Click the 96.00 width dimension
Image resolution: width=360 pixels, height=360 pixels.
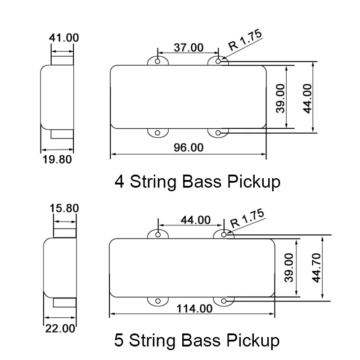pos(188,148)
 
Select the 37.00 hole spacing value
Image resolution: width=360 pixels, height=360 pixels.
pos(188,47)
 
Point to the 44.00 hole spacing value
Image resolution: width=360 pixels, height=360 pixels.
pos(195,220)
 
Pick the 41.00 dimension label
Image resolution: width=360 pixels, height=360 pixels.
pos(63,37)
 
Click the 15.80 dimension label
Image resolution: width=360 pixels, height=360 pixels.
pos(64,208)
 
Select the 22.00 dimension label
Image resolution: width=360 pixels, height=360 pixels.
pos(59,328)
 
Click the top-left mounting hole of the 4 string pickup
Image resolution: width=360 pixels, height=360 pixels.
pos(157,61)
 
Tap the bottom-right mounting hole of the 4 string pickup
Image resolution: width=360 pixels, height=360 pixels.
pos(219,133)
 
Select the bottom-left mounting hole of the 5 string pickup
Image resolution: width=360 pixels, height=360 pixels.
pos(158,301)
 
